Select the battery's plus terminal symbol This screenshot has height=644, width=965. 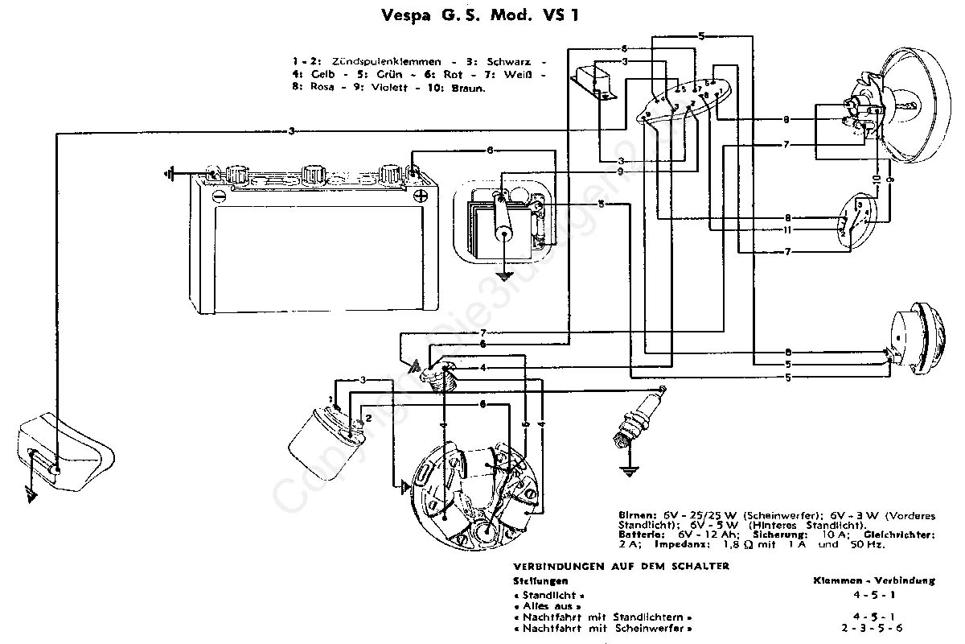coord(420,196)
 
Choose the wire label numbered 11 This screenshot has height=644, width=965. coord(788,230)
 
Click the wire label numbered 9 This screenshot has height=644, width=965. coord(621,171)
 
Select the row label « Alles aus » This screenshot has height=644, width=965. coord(551,605)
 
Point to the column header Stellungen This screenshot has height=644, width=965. coord(540,580)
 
